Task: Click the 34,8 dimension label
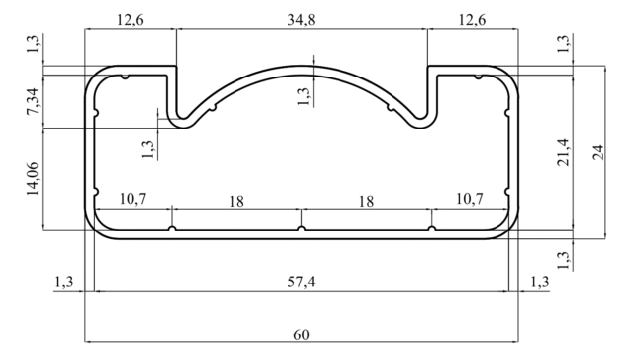click(301, 20)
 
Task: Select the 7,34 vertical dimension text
click(33, 101)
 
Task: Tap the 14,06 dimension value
click(33, 179)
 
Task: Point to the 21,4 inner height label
click(563, 152)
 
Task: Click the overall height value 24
click(598, 152)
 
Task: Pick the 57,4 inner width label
click(301, 282)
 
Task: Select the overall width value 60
click(301, 334)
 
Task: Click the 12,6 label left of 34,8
click(131, 20)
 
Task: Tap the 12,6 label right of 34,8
click(472, 20)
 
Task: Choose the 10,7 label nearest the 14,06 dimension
click(133, 198)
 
